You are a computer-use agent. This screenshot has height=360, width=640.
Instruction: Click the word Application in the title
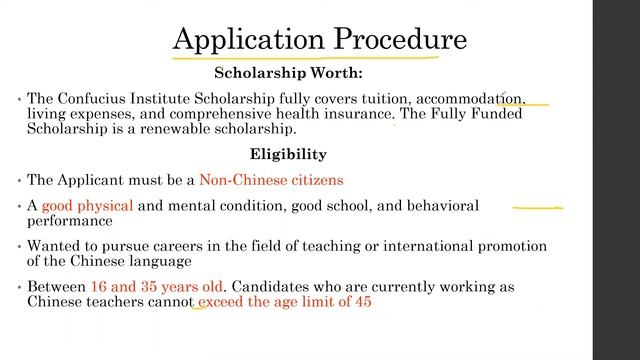click(x=235, y=39)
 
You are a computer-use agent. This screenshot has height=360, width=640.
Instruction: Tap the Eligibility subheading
click(x=288, y=154)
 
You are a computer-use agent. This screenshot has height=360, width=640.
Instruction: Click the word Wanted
click(x=54, y=246)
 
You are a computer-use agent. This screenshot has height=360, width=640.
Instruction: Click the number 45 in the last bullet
click(x=361, y=302)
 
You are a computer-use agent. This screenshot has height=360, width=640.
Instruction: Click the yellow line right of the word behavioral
click(x=537, y=208)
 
